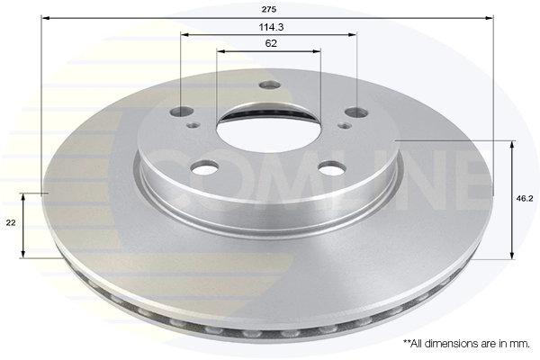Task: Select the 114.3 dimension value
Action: [x=268, y=26]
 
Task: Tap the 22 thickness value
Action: [x=10, y=224]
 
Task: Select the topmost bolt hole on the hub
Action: [x=268, y=86]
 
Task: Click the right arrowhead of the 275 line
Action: [x=490, y=18]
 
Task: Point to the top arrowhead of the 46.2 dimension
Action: [x=512, y=144]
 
